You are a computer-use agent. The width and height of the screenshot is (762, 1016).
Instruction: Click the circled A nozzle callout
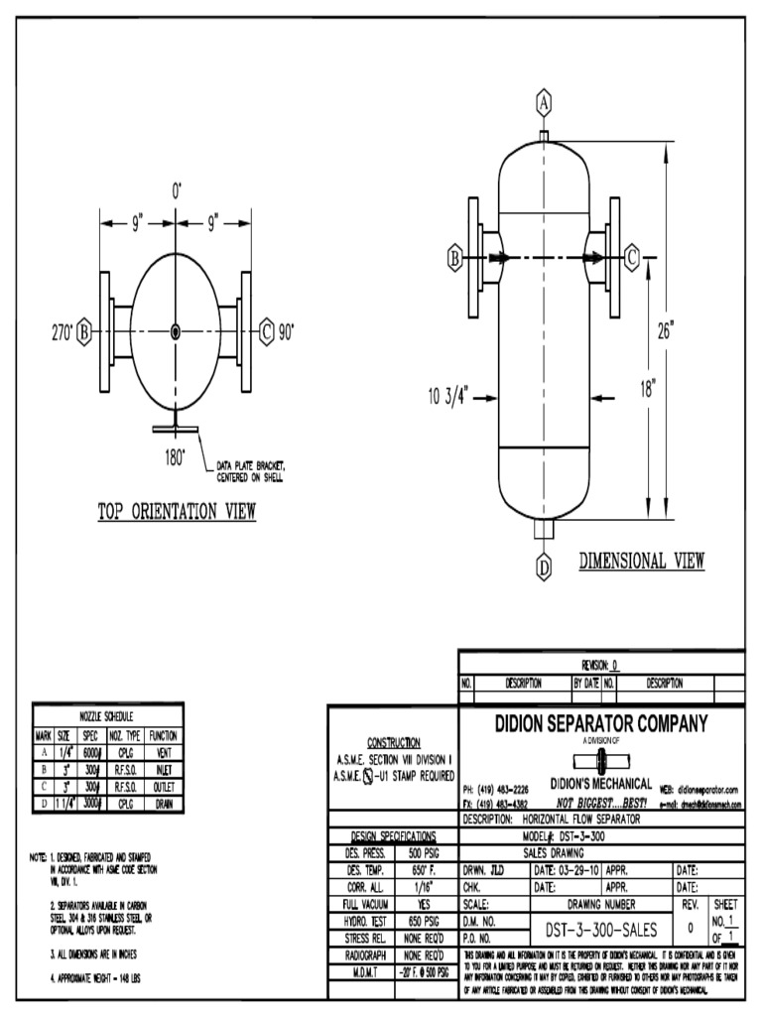[544, 101]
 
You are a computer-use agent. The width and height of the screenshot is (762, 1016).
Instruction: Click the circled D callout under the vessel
[544, 568]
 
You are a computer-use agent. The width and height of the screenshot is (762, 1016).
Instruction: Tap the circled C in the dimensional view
[632, 258]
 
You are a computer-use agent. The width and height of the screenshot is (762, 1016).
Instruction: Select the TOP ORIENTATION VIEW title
[177, 512]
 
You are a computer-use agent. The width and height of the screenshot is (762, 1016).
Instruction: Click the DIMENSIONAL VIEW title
[641, 562]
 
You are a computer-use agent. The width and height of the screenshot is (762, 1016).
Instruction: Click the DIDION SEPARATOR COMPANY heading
[601, 724]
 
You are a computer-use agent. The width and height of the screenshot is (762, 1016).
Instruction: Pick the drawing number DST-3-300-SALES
[601, 929]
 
